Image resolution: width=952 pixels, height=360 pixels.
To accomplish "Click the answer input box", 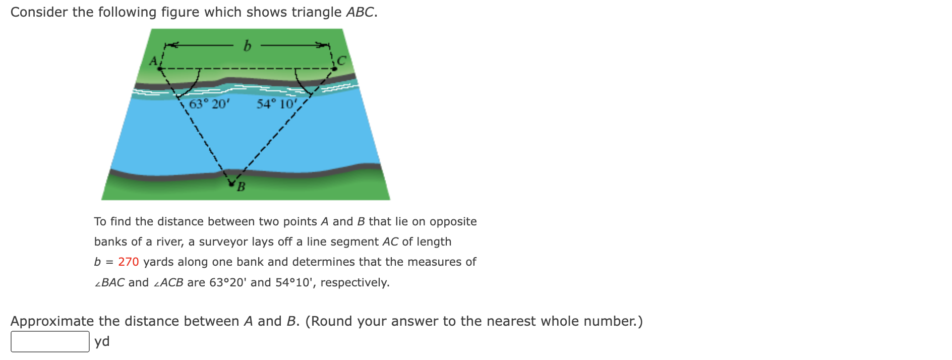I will [50, 341].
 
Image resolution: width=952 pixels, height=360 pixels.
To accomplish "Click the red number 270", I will [128, 262].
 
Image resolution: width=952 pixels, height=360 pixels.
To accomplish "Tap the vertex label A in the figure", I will [153, 61].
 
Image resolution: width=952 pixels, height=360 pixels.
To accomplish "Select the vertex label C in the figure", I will [342, 61].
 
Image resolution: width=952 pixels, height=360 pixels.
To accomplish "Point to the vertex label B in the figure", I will [241, 187].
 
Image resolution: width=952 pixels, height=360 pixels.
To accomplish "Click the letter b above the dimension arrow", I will [247, 46].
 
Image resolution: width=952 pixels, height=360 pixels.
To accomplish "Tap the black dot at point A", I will [160, 69].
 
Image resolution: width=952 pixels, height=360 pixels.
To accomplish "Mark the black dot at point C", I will [334, 69].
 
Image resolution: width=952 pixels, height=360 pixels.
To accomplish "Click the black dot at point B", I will [232, 184].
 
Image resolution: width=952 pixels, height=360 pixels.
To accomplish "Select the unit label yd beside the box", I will [102, 341].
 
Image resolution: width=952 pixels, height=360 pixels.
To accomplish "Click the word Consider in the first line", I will [39, 12].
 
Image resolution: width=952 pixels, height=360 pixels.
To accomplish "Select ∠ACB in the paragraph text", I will [168, 282].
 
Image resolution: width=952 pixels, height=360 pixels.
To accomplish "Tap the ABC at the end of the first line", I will [360, 12].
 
